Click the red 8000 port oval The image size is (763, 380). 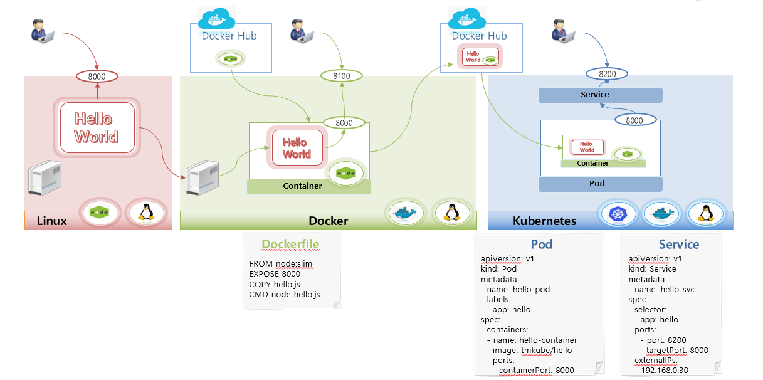click(97, 77)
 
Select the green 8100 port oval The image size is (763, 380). click(342, 76)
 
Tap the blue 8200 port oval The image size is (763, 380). click(608, 74)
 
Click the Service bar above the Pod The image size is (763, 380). click(601, 95)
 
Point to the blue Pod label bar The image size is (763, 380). click(601, 184)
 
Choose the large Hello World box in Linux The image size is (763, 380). click(97, 128)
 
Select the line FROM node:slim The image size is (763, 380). click(280, 263)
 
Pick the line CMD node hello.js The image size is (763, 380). click(285, 294)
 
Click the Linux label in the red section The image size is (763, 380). click(52, 221)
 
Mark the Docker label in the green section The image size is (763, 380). click(328, 221)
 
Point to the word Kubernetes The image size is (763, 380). click(544, 221)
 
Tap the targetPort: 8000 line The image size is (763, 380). click(677, 350)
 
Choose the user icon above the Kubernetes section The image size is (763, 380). click(564, 31)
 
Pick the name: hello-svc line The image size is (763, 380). click(664, 289)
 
